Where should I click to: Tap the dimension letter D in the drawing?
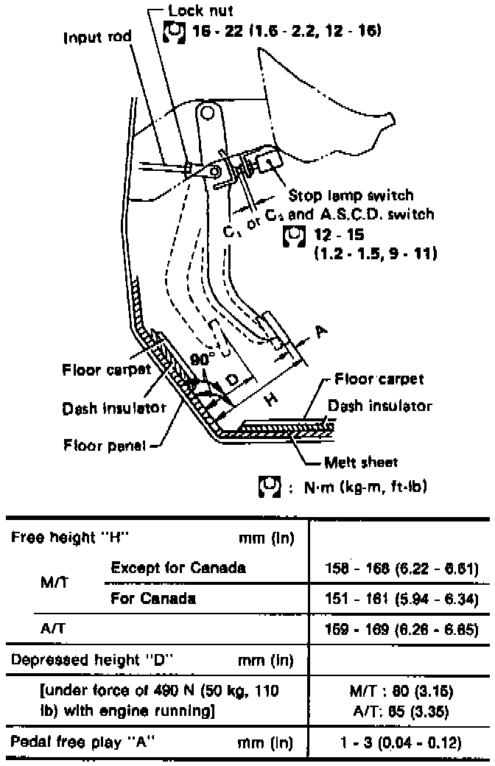click(x=231, y=381)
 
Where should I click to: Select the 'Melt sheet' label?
click(x=361, y=463)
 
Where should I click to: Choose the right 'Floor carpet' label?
click(x=379, y=380)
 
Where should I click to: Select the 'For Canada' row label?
click(x=152, y=599)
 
